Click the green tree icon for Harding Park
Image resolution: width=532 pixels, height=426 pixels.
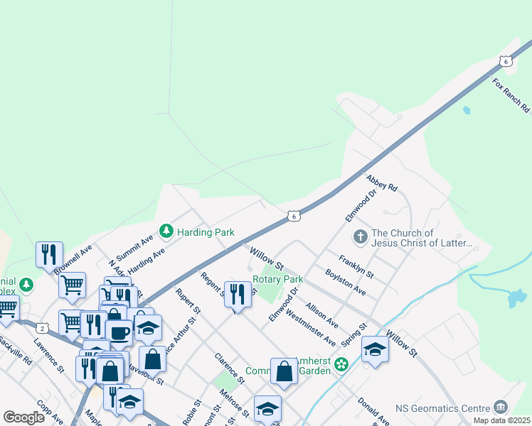coord(166,231)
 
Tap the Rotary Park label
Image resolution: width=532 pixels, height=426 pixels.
coord(277,279)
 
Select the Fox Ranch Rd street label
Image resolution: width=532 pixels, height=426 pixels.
coord(511,95)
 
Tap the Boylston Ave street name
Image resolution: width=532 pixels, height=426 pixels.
coord(345,282)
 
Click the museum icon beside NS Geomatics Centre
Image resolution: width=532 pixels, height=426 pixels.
coord(501,407)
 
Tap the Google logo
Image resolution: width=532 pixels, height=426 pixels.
coord(23,417)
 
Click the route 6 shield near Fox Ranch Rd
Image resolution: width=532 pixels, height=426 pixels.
coord(506,61)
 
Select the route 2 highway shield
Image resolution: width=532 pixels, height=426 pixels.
coord(43,328)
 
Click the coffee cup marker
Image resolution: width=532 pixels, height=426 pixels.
coord(119,332)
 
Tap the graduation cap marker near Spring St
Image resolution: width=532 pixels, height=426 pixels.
coord(375,349)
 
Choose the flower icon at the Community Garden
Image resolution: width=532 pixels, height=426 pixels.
coord(341,364)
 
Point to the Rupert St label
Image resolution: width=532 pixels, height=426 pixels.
coord(188,302)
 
